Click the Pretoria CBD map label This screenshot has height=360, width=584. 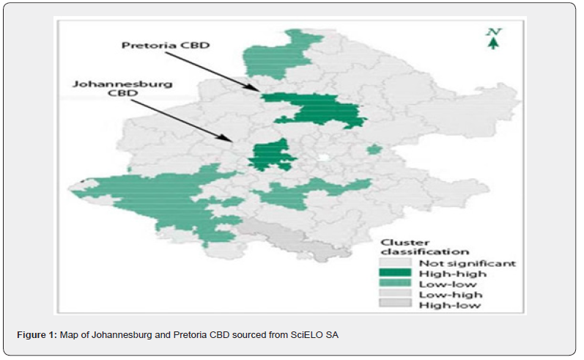point(166,45)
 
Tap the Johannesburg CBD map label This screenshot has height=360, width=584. point(122,88)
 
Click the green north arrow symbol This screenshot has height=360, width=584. point(493,43)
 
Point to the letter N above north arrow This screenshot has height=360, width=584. point(494,32)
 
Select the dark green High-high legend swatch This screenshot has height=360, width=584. point(395,273)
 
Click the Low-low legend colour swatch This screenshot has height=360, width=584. point(395,284)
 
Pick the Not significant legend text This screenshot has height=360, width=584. point(467,263)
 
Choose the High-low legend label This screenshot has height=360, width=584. point(450,306)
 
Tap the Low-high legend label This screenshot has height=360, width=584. point(451,295)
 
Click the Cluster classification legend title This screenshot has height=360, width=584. point(424,247)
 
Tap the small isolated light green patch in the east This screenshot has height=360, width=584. point(374,150)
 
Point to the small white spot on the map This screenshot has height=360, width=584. point(324,158)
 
